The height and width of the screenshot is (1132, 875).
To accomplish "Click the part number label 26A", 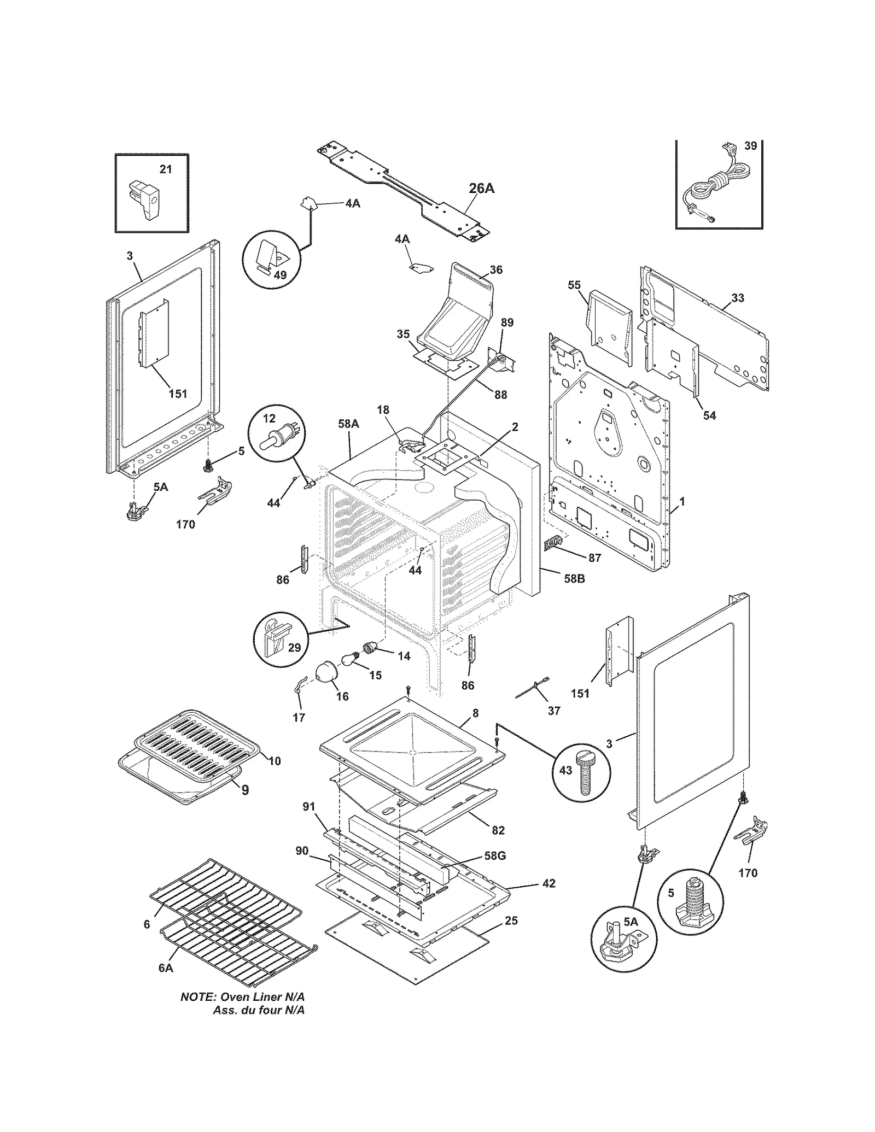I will (481, 189).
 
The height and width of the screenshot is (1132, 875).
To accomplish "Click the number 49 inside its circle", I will (280, 275).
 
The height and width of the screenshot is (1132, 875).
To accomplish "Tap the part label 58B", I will (574, 578).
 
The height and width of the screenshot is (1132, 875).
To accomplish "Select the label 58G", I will (494, 855).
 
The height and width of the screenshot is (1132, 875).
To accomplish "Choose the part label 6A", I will (165, 967).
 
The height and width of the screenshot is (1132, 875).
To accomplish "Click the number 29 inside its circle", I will (294, 648).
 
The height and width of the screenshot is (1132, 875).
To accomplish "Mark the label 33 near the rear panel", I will (738, 298).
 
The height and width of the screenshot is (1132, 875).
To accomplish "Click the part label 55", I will (574, 285).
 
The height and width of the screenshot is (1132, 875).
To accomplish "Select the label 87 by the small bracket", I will (594, 558).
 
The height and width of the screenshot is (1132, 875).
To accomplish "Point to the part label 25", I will (511, 920).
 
